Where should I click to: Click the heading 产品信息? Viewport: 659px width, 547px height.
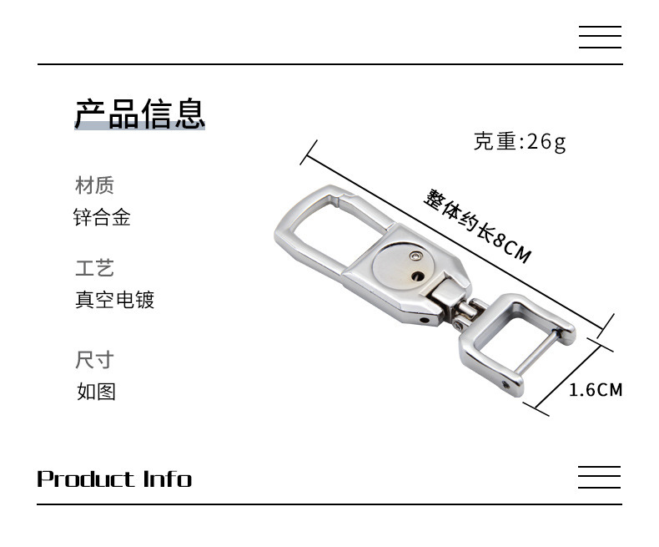click(x=139, y=114)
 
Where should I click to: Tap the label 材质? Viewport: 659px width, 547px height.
click(x=94, y=185)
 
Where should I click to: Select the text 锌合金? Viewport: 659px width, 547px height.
click(x=102, y=219)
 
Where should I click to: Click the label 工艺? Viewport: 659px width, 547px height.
click(x=94, y=268)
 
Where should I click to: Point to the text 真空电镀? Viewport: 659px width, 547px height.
click(x=115, y=300)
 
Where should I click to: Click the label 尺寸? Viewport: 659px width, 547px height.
click(x=94, y=360)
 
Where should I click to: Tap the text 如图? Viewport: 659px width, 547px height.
click(x=96, y=391)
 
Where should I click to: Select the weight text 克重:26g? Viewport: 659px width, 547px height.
click(x=520, y=142)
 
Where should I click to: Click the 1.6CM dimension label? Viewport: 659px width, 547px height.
click(x=596, y=389)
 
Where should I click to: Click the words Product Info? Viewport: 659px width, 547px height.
click(x=114, y=479)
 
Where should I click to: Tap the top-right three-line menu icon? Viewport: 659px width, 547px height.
click(x=600, y=38)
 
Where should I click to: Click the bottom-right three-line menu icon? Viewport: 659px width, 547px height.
click(x=600, y=477)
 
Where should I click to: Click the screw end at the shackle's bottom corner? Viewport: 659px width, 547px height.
click(x=506, y=385)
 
